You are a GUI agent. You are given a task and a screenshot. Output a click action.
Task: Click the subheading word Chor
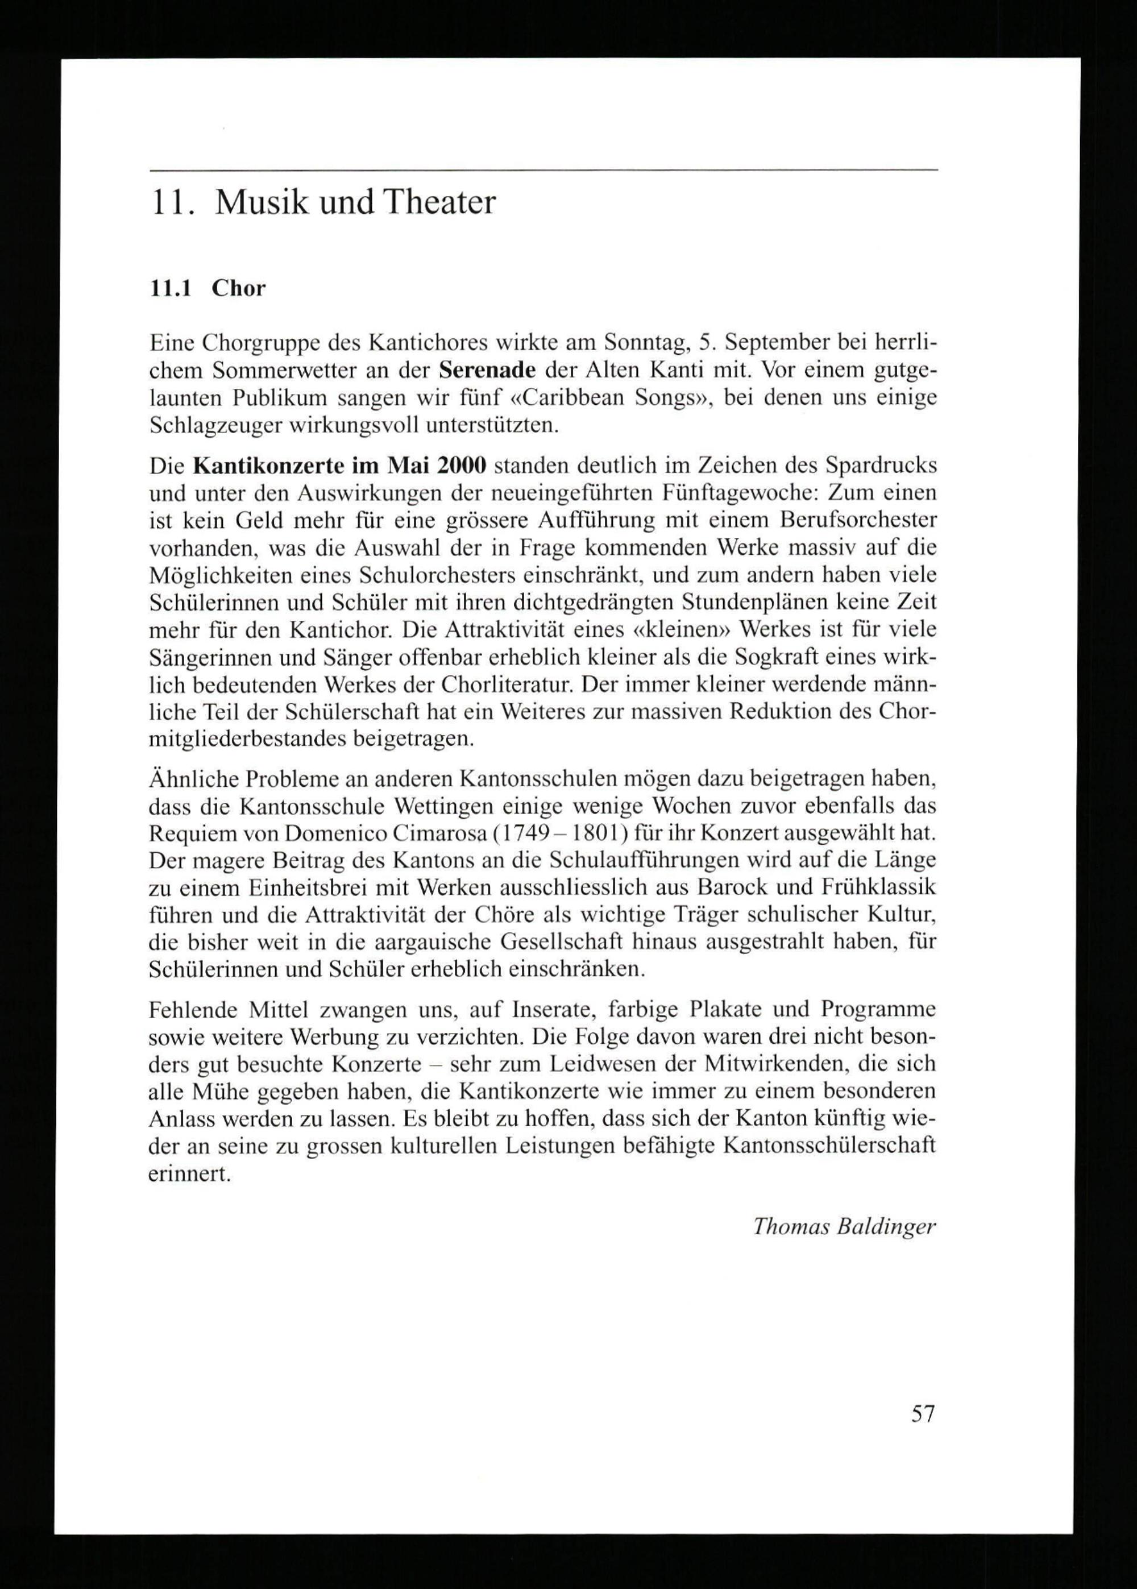click(239, 288)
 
